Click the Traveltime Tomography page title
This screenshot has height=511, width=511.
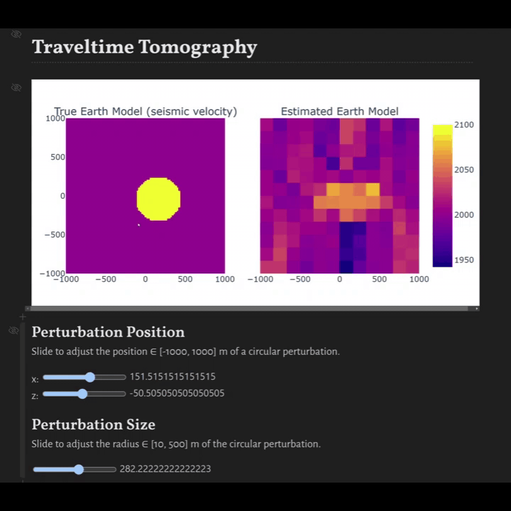(144, 48)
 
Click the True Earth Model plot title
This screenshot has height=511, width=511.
(145, 111)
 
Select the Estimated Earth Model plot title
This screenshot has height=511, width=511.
(339, 111)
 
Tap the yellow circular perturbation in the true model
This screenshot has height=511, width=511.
(158, 199)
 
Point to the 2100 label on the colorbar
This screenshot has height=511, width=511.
(464, 125)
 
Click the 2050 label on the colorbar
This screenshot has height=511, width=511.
(464, 170)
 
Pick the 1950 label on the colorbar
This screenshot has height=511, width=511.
(464, 260)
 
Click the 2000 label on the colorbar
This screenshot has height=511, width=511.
(464, 214)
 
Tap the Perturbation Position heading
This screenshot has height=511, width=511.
(108, 332)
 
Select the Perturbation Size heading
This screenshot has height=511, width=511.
(93, 424)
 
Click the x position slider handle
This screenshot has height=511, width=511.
(89, 377)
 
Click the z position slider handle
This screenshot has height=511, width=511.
(82, 393)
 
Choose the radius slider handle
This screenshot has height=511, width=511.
(79, 469)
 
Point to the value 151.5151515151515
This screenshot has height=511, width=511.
(172, 377)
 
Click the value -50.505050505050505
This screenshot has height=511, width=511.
(177, 393)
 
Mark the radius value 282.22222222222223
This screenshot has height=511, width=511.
(165, 469)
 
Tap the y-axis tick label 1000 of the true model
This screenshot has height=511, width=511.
(55, 119)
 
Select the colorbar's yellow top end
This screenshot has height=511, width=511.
(442, 128)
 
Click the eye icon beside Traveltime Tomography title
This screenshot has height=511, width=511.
(16, 34)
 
